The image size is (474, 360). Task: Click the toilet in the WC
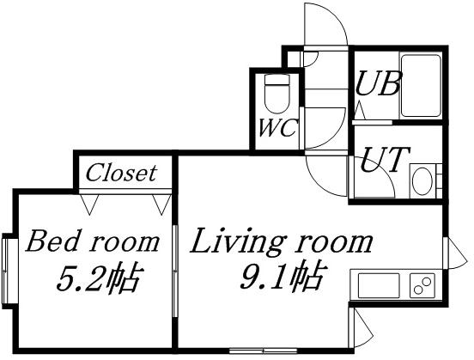pyautogui.click(x=276, y=94)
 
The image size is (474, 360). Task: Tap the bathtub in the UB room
pyautogui.click(x=421, y=86)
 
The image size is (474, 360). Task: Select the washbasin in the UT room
pyautogui.click(x=422, y=181)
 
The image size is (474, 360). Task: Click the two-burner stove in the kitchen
pyautogui.click(x=422, y=285)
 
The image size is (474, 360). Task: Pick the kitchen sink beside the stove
pyautogui.click(x=379, y=285)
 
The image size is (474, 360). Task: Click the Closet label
pyautogui.click(x=121, y=173)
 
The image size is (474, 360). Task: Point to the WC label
pyautogui.click(x=277, y=128)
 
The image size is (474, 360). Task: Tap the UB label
pyautogui.click(x=378, y=83)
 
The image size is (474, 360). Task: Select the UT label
pyautogui.click(x=386, y=160)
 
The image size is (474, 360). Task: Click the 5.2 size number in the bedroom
pyautogui.click(x=80, y=278)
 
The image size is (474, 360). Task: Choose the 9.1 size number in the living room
pyautogui.click(x=263, y=277)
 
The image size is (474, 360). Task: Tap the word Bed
pyautogui.click(x=54, y=241)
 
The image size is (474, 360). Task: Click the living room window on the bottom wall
pyautogui.click(x=263, y=351)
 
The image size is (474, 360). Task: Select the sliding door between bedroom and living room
pyautogui.click(x=174, y=271)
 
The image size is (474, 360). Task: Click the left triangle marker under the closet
pyautogui.click(x=89, y=204)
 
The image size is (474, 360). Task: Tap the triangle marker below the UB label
pyautogui.click(x=360, y=111)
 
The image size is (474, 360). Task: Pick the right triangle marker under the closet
pyautogui.click(x=161, y=204)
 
